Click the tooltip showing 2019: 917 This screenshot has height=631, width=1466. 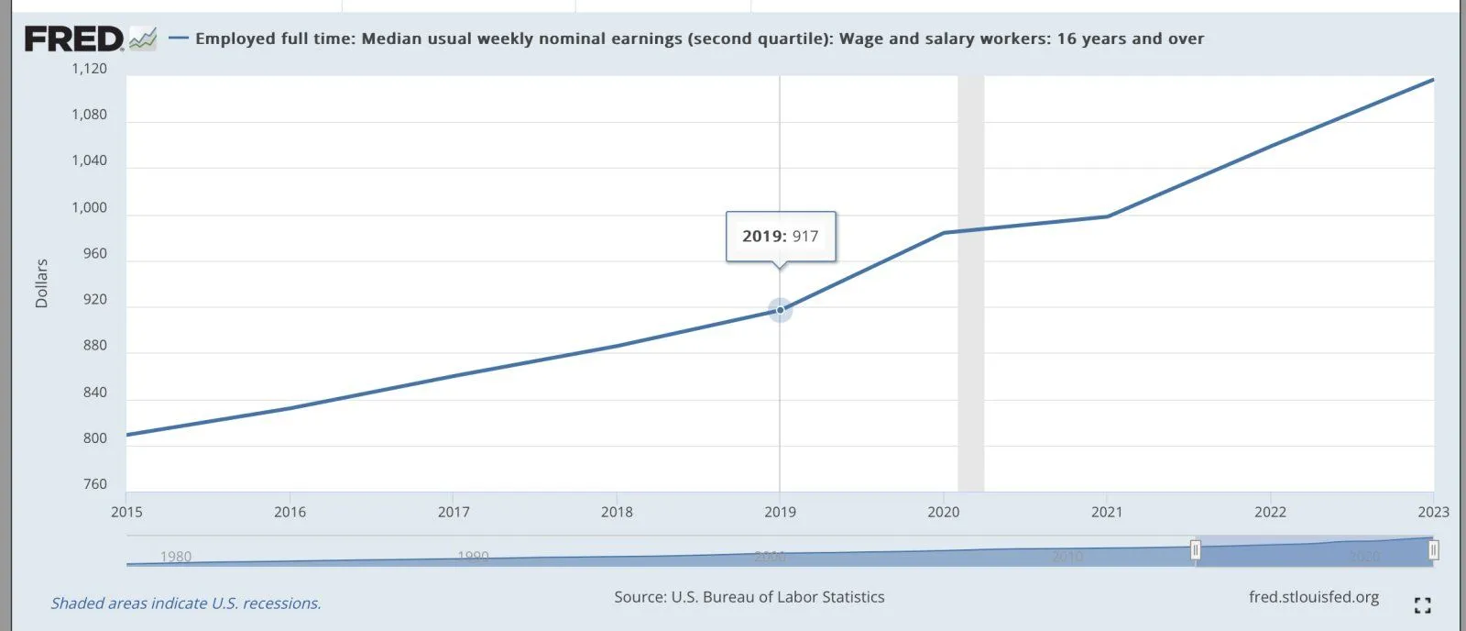[x=781, y=237]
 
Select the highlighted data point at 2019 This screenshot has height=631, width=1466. [x=780, y=310]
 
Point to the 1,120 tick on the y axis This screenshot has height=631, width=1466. [x=90, y=69]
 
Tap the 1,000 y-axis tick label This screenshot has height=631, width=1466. [x=90, y=207]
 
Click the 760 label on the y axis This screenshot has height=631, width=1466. [x=95, y=484]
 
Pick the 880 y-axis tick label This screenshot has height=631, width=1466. [x=95, y=346]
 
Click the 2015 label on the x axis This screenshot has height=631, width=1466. [x=126, y=512]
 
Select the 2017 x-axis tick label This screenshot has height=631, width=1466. [x=454, y=512]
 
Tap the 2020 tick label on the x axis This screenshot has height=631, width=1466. [x=944, y=512]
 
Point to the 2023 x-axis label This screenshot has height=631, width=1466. [x=1433, y=512]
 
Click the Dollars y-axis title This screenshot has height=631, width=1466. [x=41, y=283]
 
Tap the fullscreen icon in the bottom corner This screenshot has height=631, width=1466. [x=1422, y=605]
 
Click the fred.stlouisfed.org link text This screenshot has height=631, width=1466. [x=1313, y=597]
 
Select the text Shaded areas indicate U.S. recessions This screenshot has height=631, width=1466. [x=186, y=603]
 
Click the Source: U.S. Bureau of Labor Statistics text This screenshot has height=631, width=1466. [x=749, y=597]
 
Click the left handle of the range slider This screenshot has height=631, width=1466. [x=1196, y=550]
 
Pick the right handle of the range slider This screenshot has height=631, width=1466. [x=1433, y=550]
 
